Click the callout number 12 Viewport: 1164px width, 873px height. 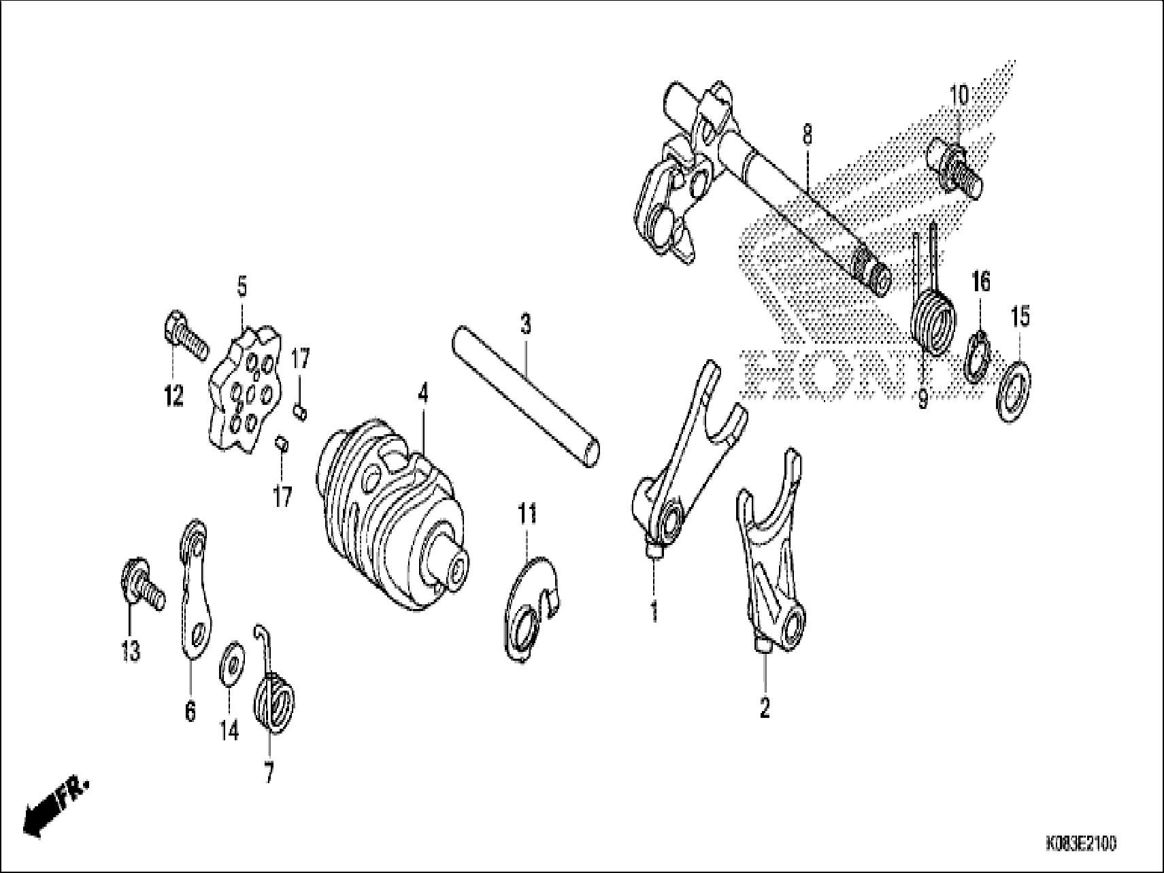pos(174,395)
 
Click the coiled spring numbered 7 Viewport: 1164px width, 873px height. pos(274,701)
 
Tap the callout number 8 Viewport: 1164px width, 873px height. pos(807,135)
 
